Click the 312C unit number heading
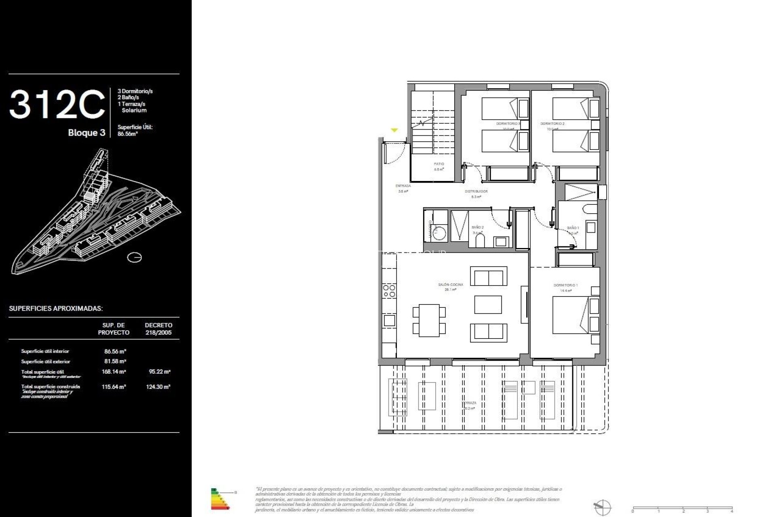(x=57, y=105)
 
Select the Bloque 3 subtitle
(x=86, y=133)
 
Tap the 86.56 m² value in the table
(x=115, y=351)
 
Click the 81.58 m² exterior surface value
(x=115, y=361)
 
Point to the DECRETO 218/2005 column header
(x=158, y=329)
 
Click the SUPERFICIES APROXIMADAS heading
(x=56, y=309)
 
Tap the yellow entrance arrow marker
(x=394, y=130)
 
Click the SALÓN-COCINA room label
(x=450, y=285)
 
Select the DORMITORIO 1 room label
(x=565, y=286)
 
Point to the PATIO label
(x=439, y=164)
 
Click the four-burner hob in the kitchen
(x=389, y=291)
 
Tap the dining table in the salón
(x=429, y=320)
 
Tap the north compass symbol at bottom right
(x=602, y=506)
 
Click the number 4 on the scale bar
(x=732, y=511)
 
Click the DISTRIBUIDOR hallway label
(x=476, y=191)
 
